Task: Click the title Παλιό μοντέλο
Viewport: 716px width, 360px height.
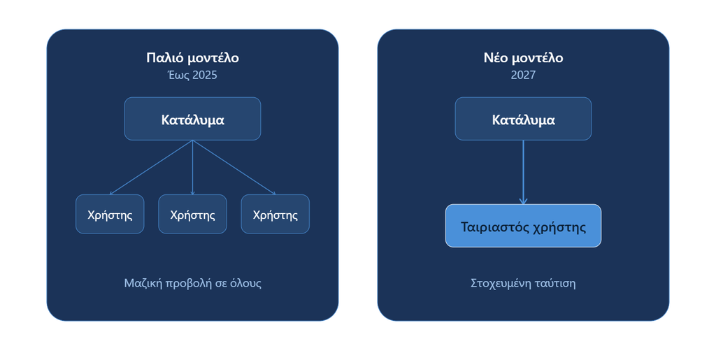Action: (192, 58)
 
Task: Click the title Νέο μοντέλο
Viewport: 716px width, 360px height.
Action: (523, 58)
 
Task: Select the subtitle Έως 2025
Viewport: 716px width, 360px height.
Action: (192, 75)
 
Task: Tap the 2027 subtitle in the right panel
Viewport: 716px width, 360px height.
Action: (523, 75)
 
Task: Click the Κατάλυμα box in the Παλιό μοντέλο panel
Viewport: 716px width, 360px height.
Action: (192, 119)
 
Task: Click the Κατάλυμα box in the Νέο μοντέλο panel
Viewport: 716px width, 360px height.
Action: (523, 119)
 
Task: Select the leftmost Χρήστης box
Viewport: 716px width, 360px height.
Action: (110, 214)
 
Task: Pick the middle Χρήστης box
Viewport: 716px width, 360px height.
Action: (192, 214)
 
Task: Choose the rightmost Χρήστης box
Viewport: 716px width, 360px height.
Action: (275, 214)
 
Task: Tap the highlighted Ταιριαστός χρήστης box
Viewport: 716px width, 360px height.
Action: (523, 226)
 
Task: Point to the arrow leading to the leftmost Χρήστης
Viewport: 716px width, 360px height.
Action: (151, 168)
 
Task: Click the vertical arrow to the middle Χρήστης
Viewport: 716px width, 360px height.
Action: (192, 168)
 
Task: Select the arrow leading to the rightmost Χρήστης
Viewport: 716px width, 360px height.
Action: (234, 168)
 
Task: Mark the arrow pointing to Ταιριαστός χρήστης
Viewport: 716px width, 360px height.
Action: (523, 173)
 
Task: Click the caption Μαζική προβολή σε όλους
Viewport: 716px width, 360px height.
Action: (193, 283)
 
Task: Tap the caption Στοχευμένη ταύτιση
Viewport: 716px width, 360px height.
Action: (523, 283)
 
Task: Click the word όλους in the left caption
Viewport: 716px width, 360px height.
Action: (246, 283)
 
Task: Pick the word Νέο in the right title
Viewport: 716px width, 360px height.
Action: (496, 58)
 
